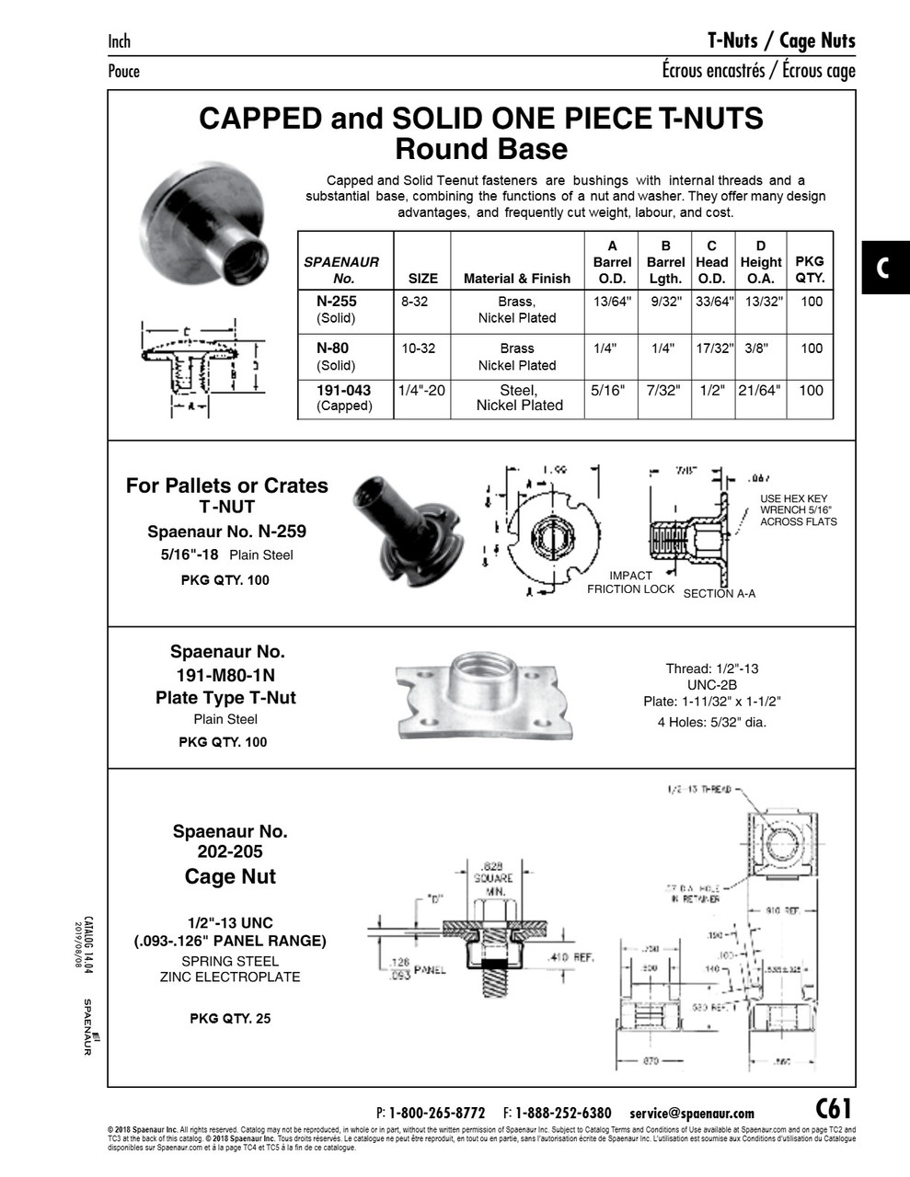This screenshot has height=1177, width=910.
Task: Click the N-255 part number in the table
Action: [x=336, y=301]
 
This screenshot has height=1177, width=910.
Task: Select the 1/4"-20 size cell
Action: [x=421, y=391]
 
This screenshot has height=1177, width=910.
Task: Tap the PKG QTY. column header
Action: [x=810, y=269]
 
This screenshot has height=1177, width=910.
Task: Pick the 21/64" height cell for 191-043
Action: [x=759, y=391]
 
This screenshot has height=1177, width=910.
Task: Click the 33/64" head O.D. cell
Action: [x=711, y=302]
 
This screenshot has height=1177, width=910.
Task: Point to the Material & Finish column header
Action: [x=516, y=279]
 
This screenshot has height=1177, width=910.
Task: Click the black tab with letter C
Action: [x=884, y=268]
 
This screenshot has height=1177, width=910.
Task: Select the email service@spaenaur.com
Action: [x=692, y=1113]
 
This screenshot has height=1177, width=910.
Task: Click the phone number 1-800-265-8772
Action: [x=436, y=1113]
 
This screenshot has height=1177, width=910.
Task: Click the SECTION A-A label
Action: [x=719, y=594]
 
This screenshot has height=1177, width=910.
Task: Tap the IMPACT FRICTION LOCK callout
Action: [x=630, y=582]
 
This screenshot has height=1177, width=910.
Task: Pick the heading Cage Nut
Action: [x=230, y=876]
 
